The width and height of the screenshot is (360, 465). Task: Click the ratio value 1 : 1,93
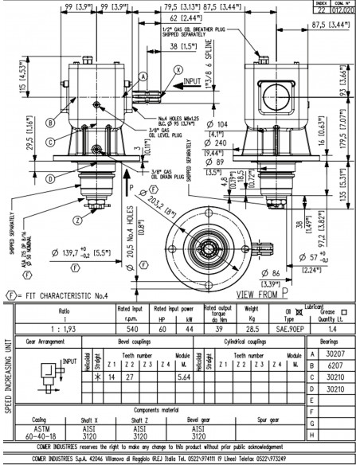(61, 327)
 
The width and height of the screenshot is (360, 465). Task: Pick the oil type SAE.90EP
(291, 327)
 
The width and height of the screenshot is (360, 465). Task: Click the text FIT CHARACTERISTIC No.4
(70, 294)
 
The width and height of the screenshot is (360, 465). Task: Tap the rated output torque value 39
(218, 327)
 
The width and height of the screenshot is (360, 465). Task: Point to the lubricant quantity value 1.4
(332, 327)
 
